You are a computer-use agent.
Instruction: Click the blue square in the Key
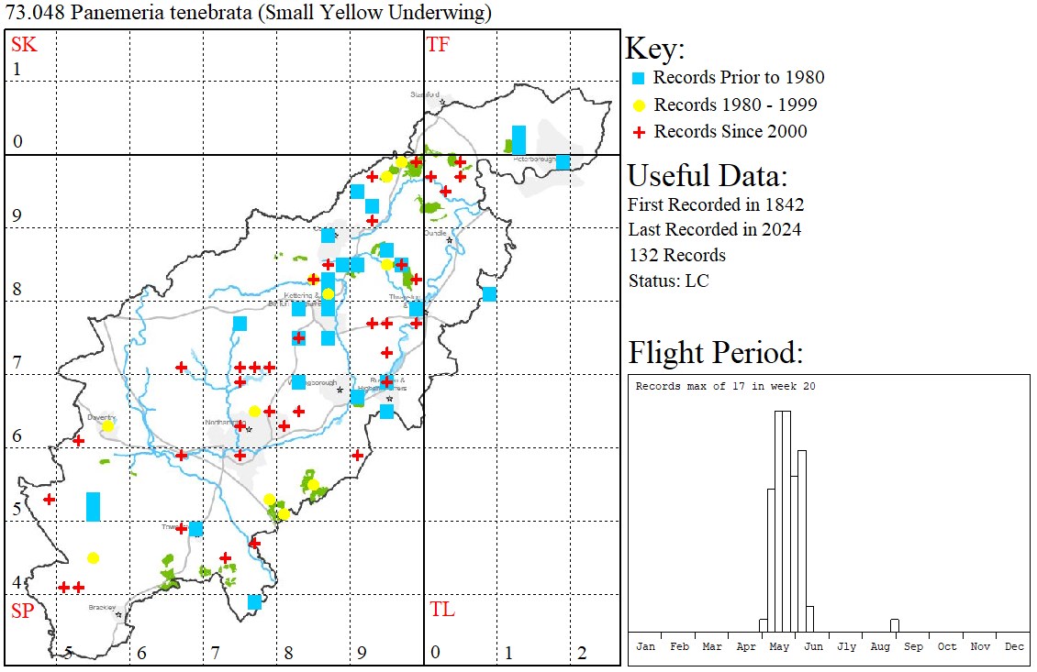[639, 78]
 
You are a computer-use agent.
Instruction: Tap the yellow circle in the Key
[639, 105]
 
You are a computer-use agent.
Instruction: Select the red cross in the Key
[639, 132]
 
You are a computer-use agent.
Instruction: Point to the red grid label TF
[439, 44]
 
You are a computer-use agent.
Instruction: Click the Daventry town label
[101, 417]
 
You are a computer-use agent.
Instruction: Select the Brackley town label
[102, 607]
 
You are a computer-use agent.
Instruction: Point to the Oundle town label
[434, 233]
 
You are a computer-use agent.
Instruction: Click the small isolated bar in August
[895, 625]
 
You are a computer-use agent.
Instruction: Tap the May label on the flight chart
[779, 646]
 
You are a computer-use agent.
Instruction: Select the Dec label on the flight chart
[1014, 646]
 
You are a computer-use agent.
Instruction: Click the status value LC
[697, 281]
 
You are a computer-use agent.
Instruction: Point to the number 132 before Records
[643, 255]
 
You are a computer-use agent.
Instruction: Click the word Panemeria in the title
[98, 13]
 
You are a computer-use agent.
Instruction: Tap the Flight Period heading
[716, 353]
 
